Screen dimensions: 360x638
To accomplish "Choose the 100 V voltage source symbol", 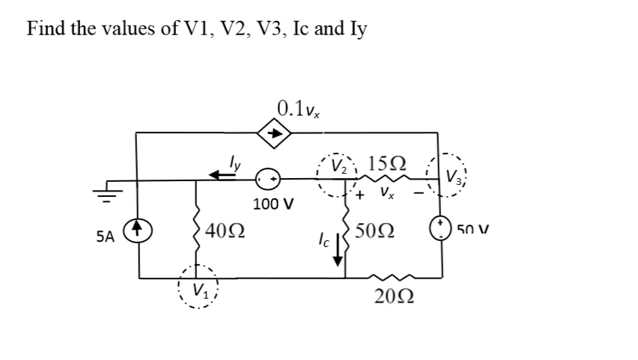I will (269, 180).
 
